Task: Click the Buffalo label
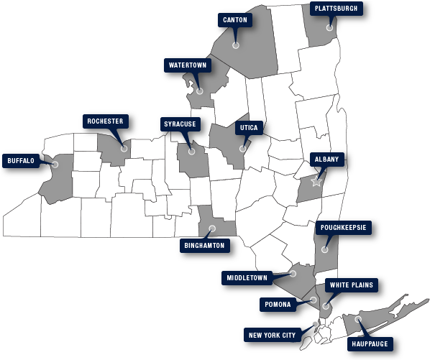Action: [21, 160]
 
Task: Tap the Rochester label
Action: [105, 121]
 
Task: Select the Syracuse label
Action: [180, 124]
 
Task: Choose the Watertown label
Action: [187, 65]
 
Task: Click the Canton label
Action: [235, 19]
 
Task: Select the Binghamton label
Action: [206, 245]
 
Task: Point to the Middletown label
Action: [247, 277]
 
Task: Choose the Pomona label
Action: [277, 304]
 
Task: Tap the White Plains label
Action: [352, 285]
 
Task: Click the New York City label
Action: [273, 335]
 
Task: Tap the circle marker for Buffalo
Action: [55, 165]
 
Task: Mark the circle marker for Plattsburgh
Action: [330, 28]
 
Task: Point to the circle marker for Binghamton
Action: [211, 229]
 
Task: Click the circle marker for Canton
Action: [235, 45]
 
